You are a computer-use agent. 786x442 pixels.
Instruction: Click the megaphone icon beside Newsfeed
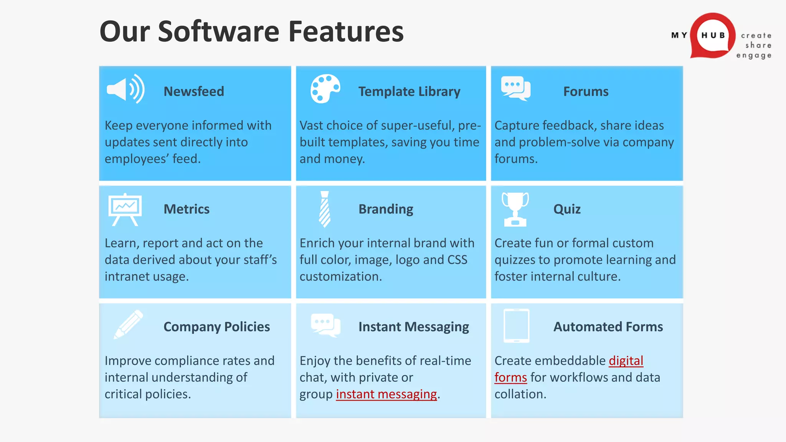[125, 89]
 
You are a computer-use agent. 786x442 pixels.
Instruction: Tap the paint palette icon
[325, 89]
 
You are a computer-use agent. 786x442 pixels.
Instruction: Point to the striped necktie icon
[325, 209]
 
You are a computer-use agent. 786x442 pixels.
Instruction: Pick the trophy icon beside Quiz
[515, 209]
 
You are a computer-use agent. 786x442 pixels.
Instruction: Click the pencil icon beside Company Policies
[129, 324]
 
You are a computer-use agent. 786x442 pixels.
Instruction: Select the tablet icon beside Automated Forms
[516, 326]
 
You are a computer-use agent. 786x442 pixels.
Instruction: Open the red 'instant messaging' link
[386, 394]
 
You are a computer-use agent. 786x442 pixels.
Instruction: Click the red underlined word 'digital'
[626, 361]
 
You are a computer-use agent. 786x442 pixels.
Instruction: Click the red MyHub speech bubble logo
[712, 36]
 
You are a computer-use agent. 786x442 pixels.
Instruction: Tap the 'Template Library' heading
[409, 92]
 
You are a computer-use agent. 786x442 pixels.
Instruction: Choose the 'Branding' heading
[386, 209]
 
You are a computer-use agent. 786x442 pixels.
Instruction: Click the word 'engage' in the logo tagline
[753, 56]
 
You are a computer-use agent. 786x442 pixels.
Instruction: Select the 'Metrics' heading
[187, 209]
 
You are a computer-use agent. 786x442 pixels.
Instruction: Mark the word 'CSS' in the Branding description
[457, 260]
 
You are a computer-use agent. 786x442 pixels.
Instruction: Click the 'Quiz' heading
[567, 209]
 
